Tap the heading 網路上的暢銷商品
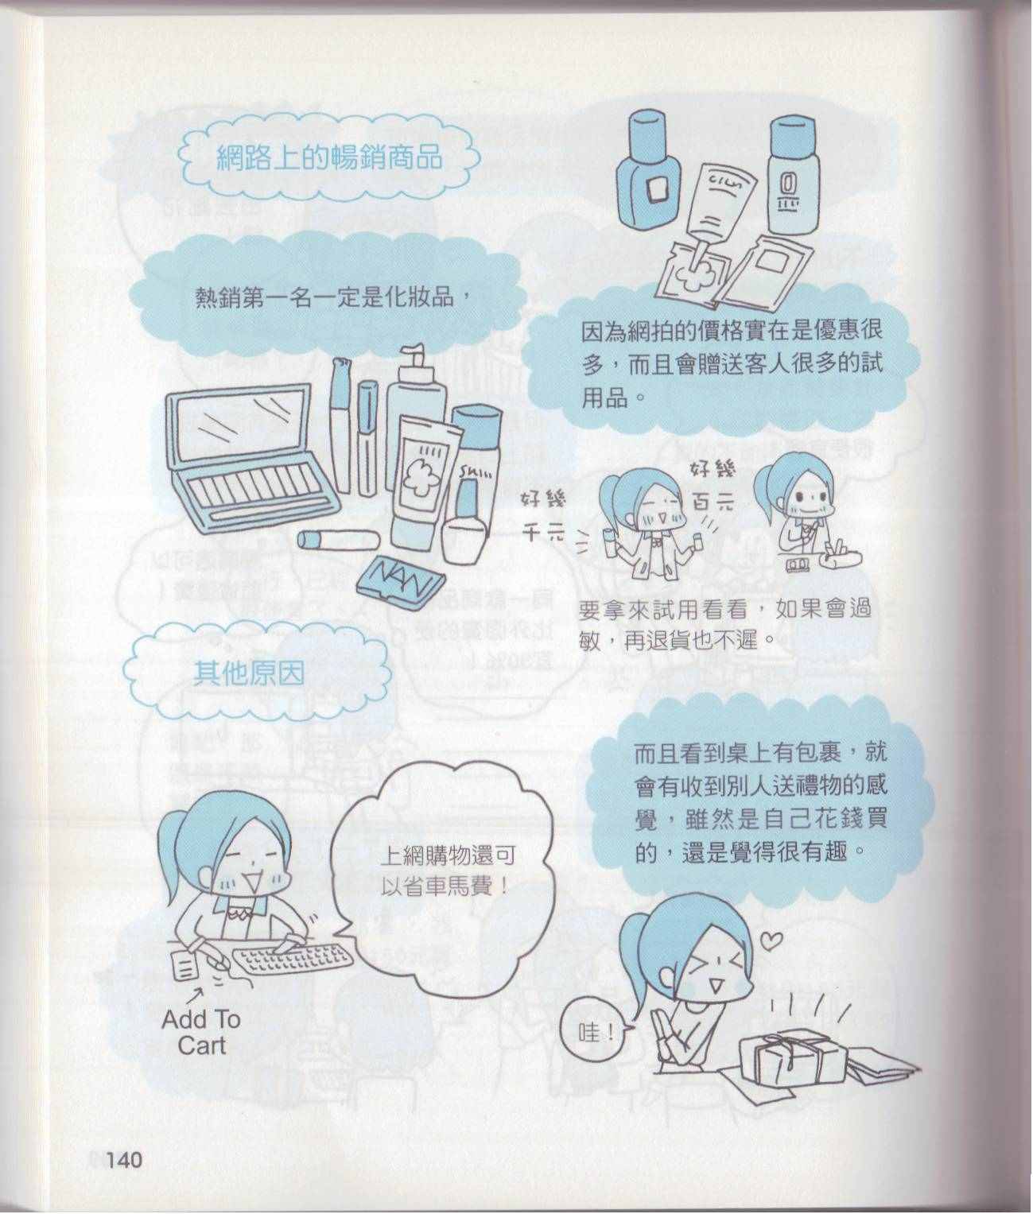329,157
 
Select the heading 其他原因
249,673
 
